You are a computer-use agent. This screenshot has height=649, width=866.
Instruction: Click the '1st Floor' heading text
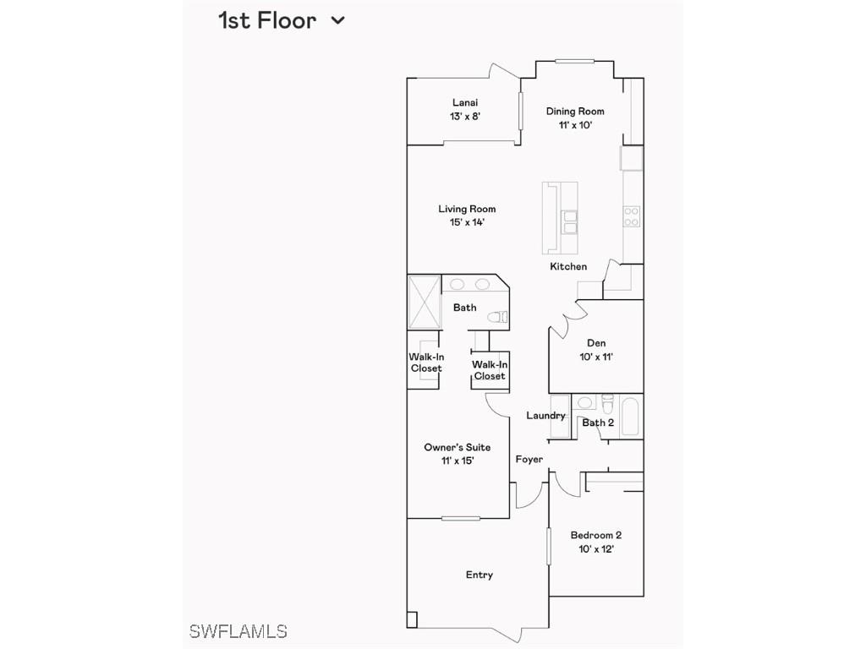[x=267, y=20]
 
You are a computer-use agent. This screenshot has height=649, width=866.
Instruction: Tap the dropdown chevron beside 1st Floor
[x=337, y=20]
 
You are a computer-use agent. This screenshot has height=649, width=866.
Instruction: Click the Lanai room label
[x=464, y=102]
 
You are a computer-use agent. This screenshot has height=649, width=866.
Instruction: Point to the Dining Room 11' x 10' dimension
[x=575, y=125]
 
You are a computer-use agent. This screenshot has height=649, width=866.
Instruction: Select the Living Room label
[x=467, y=209]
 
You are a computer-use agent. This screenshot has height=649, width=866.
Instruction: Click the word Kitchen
[x=568, y=266]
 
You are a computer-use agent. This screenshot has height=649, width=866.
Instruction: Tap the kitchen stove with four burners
[x=631, y=217]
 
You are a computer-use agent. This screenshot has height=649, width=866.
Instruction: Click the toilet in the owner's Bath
[x=501, y=318]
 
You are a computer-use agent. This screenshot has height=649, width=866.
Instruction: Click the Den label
[x=596, y=343]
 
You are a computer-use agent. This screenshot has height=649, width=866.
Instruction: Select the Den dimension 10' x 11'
[x=596, y=357]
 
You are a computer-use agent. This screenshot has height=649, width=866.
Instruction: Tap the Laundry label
[x=545, y=415]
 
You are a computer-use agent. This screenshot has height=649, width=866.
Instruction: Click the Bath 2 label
[x=598, y=423]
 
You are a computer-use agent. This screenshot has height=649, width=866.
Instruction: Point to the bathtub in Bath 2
[x=632, y=416]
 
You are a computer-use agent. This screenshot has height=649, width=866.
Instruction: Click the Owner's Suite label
[x=457, y=447]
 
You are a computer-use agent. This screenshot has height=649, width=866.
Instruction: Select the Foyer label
[x=529, y=459]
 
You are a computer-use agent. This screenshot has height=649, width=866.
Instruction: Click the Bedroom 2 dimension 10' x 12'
[x=596, y=548]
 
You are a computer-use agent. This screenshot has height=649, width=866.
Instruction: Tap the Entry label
[x=480, y=575]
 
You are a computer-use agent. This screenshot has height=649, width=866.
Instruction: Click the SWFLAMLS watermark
[x=238, y=631]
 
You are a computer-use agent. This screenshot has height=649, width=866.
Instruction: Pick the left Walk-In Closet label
[x=426, y=363]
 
